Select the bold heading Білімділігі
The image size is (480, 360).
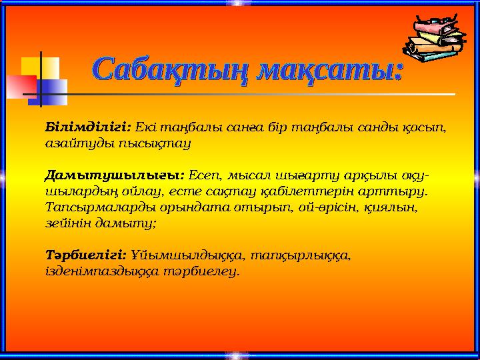click(x=87, y=127)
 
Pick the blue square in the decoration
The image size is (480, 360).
click(x=55, y=91)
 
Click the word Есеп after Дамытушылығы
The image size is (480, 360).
click(x=203, y=176)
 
